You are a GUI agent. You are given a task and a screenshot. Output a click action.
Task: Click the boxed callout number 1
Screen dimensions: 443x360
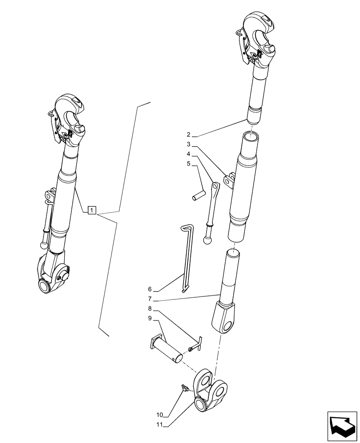coord(91,210)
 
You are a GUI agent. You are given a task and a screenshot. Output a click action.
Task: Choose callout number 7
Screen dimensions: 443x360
coord(150,300)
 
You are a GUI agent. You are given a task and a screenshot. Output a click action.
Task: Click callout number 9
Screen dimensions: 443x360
coord(150,319)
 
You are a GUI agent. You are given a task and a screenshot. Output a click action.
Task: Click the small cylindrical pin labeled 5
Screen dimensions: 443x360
coord(198,195)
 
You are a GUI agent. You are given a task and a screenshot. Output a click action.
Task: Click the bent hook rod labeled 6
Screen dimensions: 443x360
coord(187,257)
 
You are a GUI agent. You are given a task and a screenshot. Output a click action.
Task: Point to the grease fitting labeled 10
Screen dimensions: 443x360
coord(183,389)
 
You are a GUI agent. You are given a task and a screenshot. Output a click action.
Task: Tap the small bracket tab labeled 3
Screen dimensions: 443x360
coord(229,181)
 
